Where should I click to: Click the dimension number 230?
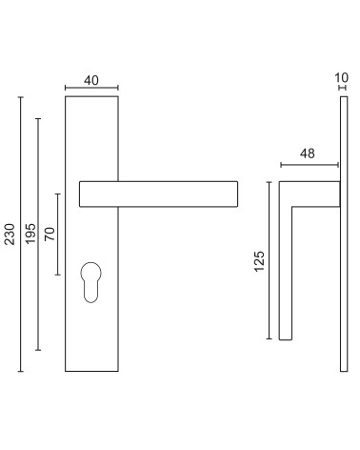pos(10,235)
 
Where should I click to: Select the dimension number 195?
pos(30,234)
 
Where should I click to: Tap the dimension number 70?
pos(50,235)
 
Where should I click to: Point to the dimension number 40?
pos(91,80)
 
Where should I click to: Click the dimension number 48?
pos(308,153)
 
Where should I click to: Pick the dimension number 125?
pos(259,261)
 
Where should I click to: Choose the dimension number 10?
pos(342,77)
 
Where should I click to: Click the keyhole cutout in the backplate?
pos(90,282)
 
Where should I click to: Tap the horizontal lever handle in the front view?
pos(158,194)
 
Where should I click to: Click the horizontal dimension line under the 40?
pos(91,88)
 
